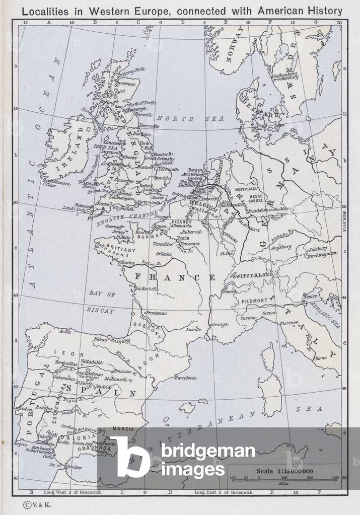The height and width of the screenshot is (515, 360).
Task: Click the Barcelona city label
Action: [x=185, y=378]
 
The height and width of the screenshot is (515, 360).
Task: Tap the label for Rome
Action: [x=321, y=358]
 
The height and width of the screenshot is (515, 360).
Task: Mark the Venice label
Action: [x=311, y=297]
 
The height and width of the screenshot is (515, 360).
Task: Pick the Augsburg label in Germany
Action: [x=281, y=247]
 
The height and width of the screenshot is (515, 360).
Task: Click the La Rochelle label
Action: [x=147, y=289]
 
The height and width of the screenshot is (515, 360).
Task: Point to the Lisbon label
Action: [x=25, y=409]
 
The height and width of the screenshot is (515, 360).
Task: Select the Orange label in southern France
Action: [x=221, y=325]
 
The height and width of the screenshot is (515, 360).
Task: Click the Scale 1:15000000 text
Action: [x=285, y=471]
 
